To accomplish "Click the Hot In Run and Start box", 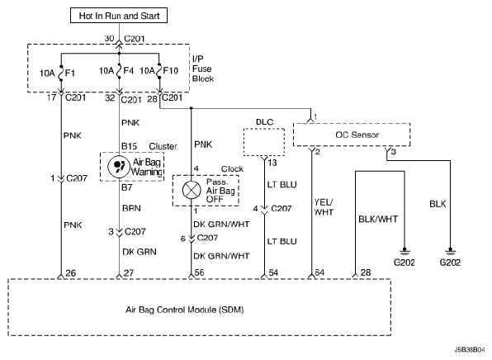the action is coord(119,16).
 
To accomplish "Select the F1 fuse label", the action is coord(70,73).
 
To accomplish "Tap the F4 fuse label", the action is coord(128,71).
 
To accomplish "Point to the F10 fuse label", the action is coord(170,71).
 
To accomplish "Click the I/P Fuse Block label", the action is coord(203,69).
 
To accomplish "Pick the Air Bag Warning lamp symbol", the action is coord(119,166).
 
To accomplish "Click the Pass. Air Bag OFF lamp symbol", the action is coord(192,190).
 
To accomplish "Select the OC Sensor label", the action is coord(357,135).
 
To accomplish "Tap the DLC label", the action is coord(264,121).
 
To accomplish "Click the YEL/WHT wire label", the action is coord(324,207).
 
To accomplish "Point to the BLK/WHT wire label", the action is coord(378,219).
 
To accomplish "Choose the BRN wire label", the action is coord(131,208).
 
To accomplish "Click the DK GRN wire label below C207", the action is coord(140,252).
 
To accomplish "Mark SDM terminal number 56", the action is coord(199,272).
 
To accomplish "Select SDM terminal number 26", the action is coord(71,273).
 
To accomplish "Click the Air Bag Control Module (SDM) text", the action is coord(185,310).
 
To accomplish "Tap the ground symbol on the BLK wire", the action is coord(450,252).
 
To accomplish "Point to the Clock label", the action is coord(232,169).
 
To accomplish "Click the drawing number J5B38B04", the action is coord(470,349).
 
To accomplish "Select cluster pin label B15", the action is coord(130,146).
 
